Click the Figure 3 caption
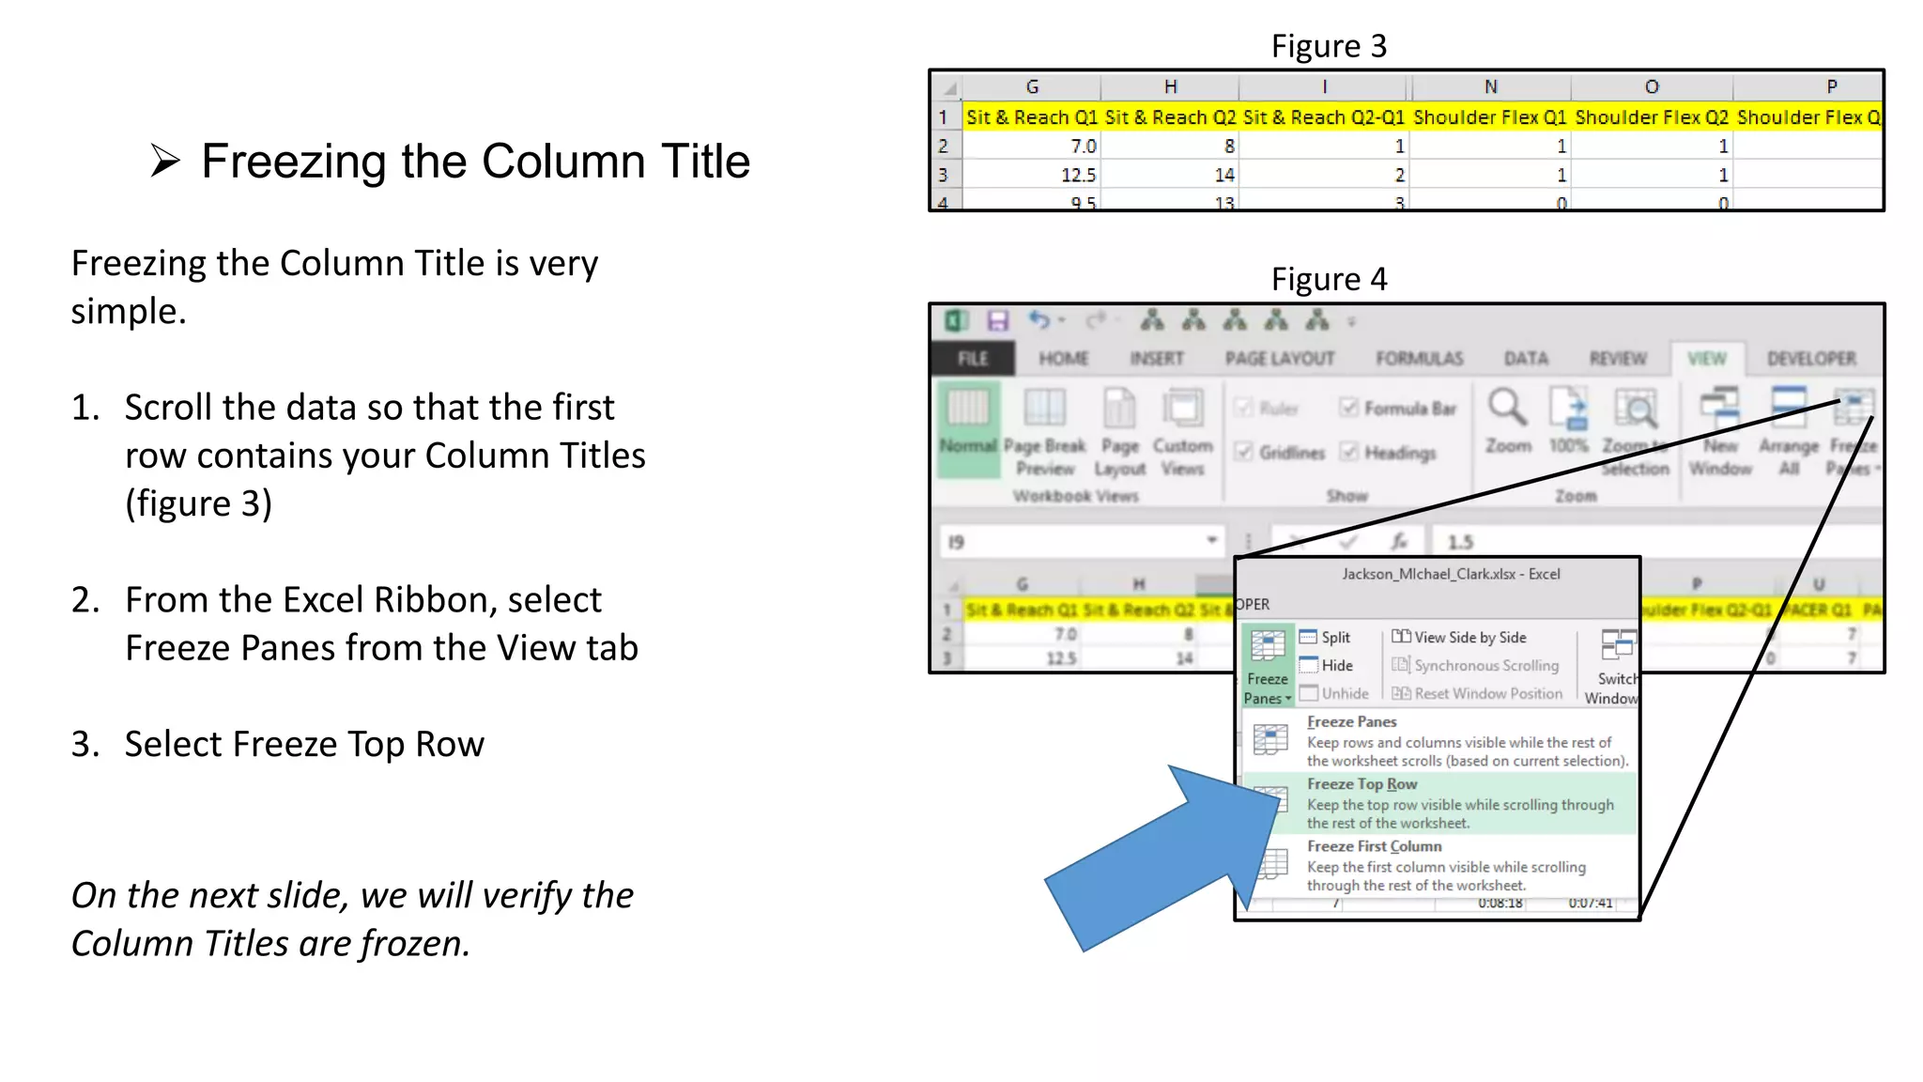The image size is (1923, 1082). click(1329, 46)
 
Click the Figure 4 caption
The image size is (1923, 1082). click(1329, 279)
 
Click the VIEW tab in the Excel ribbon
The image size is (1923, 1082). click(1706, 359)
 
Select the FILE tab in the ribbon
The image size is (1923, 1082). click(973, 359)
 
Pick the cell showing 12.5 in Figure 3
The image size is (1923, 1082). click(1078, 175)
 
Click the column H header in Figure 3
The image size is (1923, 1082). click(1170, 86)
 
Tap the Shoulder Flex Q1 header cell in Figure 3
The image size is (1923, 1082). click(1490, 117)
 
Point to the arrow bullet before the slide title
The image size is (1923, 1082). click(165, 162)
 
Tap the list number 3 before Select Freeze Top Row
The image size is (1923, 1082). click(84, 745)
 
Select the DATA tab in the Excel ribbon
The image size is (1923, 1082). click(1526, 359)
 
